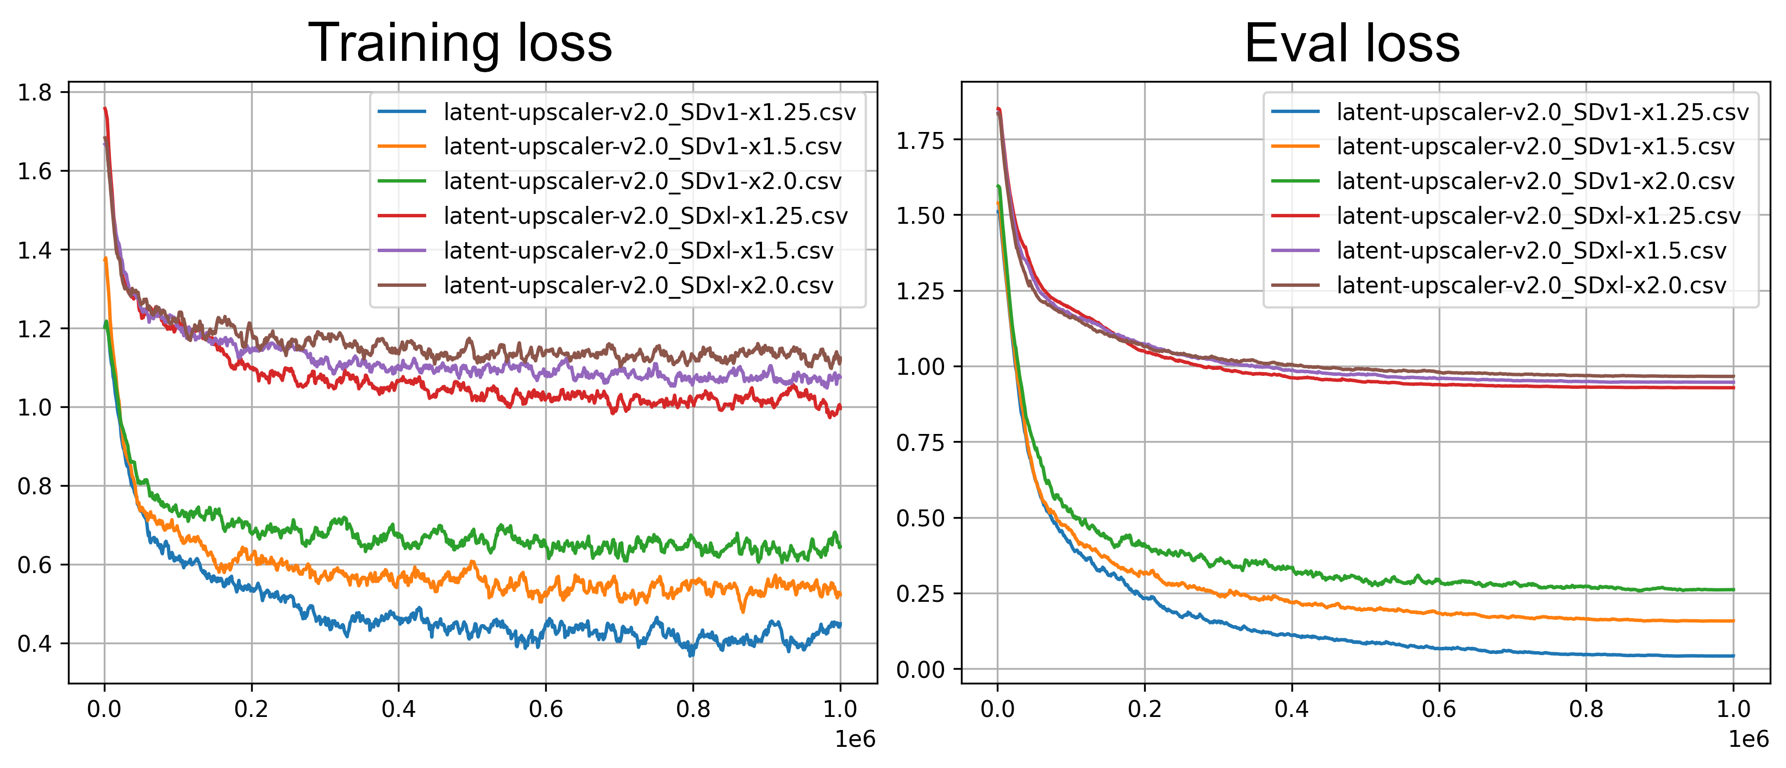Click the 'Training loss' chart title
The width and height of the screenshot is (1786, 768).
click(x=460, y=43)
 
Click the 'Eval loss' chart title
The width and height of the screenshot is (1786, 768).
click(x=1352, y=43)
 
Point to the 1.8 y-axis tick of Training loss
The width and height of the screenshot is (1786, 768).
click(x=35, y=92)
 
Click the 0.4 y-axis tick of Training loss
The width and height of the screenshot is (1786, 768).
click(x=35, y=644)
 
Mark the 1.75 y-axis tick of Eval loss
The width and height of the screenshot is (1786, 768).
click(x=920, y=141)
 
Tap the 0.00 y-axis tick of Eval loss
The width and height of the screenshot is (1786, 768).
click(x=920, y=670)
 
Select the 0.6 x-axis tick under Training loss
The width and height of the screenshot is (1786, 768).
click(x=546, y=709)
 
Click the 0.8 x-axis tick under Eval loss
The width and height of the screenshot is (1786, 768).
click(x=1587, y=709)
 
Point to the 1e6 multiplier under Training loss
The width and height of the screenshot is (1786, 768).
click(x=855, y=740)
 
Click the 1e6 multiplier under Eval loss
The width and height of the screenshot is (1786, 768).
click(x=1748, y=740)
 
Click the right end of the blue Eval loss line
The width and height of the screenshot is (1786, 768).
click(x=1733, y=656)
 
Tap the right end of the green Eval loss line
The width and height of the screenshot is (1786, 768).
click(x=1733, y=590)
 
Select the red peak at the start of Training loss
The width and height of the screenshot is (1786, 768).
click(x=105, y=109)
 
